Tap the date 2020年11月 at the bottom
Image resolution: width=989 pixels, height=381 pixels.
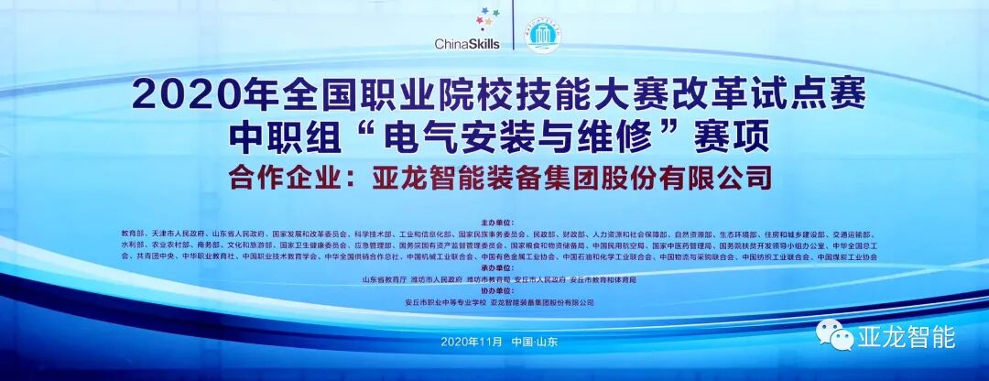pyautogui.click(x=473, y=341)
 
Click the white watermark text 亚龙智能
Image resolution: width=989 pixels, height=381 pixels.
pyautogui.click(x=904, y=337)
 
